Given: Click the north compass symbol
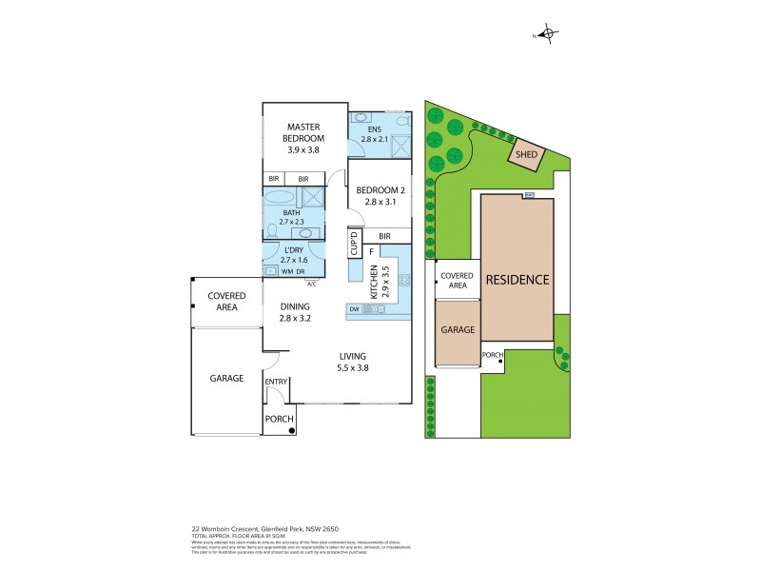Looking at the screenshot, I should click(547, 35).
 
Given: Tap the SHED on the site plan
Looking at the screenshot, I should click(525, 155).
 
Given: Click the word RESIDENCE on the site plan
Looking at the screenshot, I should click(517, 280).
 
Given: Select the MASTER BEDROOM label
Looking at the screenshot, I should click(303, 138).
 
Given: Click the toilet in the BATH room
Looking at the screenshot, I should click(273, 230).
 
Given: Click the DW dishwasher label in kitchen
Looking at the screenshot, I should click(354, 309).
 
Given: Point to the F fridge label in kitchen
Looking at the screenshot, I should click(358, 251).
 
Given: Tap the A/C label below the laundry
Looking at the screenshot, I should click(311, 283).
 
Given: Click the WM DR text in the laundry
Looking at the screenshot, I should click(293, 272).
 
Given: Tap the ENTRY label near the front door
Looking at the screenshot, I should click(276, 382).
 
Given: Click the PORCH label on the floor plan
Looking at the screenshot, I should click(278, 419).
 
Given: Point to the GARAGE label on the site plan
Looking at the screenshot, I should click(458, 330).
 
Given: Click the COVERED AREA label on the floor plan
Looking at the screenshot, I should click(226, 302).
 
